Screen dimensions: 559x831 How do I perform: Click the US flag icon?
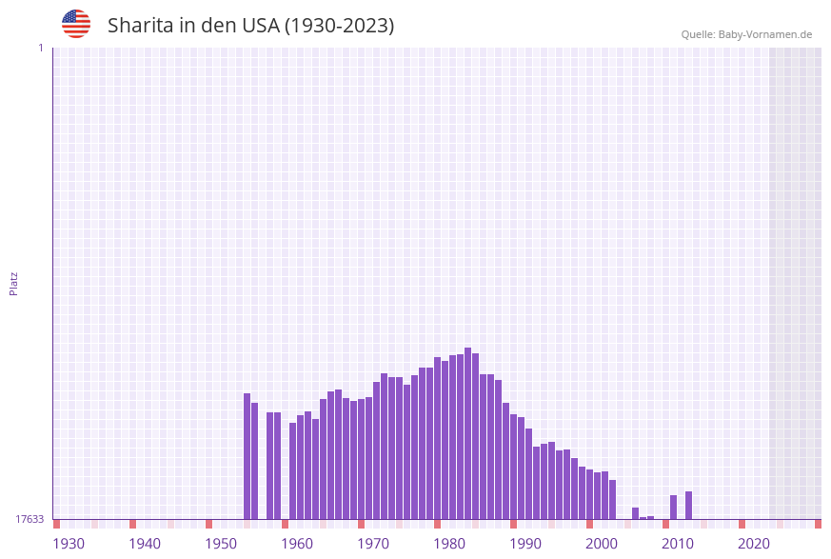click(76, 24)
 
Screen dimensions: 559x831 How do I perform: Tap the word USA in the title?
click(261, 26)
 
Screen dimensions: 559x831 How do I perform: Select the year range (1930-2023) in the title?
click(340, 26)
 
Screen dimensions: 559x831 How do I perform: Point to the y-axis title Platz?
click(14, 283)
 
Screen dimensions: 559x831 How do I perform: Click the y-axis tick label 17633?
click(30, 519)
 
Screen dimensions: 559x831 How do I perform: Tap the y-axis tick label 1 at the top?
click(40, 48)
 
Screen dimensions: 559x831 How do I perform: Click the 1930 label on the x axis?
click(69, 543)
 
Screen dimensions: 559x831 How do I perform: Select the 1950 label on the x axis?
click(221, 543)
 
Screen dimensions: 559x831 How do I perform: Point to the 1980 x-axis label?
click(449, 543)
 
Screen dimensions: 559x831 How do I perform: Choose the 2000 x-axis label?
click(602, 543)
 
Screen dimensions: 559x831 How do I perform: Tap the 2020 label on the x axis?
click(754, 543)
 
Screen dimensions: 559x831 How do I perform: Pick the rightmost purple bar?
click(688, 505)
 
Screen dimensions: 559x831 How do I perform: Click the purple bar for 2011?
click(688, 505)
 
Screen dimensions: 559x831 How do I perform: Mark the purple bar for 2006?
click(650, 517)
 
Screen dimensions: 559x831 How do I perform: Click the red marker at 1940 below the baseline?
click(132, 524)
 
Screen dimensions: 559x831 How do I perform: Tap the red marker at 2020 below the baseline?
click(742, 524)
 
